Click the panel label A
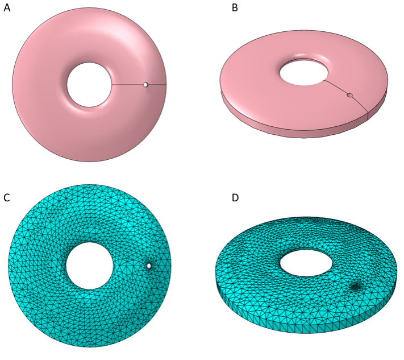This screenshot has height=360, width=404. (x=7, y=8)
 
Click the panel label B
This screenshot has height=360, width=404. (x=235, y=8)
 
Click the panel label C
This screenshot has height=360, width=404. (x=7, y=198)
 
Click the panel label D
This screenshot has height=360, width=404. (x=235, y=198)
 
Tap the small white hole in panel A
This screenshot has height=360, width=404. (x=146, y=85)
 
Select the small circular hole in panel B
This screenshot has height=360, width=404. (x=349, y=95)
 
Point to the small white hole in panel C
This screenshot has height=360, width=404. (x=149, y=266)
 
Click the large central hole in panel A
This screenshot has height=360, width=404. (x=89, y=85)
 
